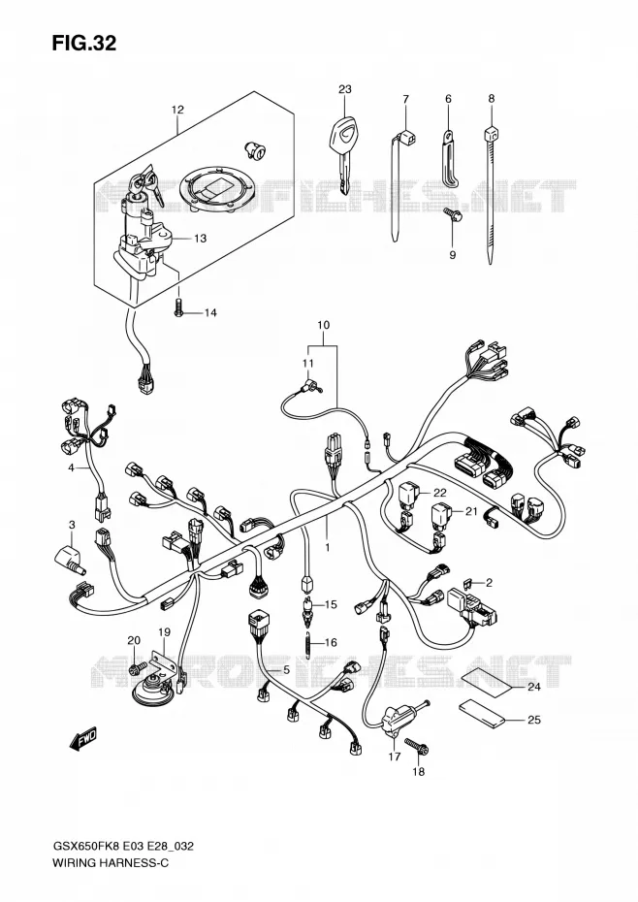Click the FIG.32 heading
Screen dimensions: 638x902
[x=84, y=43]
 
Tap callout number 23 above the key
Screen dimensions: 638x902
[x=344, y=89]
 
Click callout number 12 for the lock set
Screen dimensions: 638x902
[x=177, y=110]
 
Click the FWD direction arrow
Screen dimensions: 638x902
[x=82, y=739]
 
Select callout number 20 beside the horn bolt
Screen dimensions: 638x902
[x=134, y=640]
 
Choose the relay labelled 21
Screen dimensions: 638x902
[x=442, y=514]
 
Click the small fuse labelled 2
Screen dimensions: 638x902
[x=468, y=583]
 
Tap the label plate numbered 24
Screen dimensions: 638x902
[x=487, y=678]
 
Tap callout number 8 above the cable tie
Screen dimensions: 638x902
[x=492, y=99]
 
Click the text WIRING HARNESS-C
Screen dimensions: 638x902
[x=111, y=862]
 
